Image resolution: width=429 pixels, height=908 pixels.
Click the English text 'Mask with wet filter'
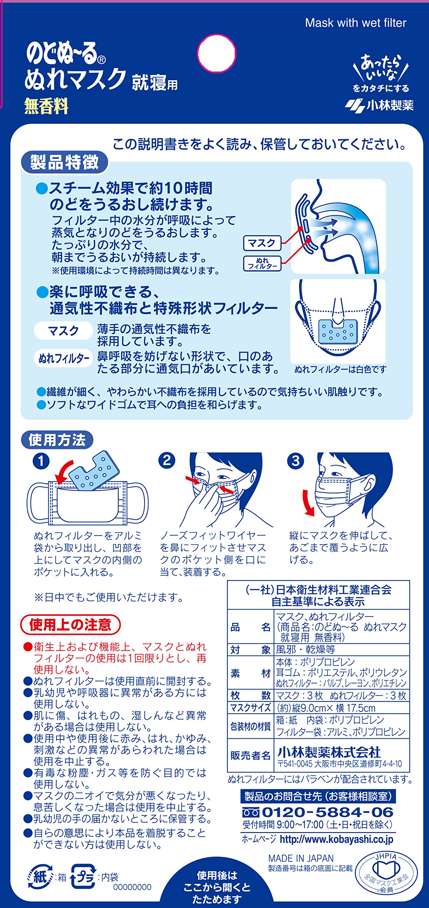point(355,23)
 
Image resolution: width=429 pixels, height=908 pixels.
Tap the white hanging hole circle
point(217,54)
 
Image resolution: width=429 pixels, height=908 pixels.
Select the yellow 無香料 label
point(46,106)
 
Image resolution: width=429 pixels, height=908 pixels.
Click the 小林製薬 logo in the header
point(379,105)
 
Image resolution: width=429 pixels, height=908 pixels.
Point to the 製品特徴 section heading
point(64,162)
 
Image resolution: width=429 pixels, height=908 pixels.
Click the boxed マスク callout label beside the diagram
point(262,243)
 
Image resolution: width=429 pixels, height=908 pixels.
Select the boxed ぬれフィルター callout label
point(262,264)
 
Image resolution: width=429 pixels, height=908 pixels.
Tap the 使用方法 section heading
point(57,440)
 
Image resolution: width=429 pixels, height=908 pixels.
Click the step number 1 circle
point(41,461)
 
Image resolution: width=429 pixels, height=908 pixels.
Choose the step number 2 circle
point(167,460)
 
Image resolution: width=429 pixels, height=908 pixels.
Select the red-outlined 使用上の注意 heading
point(70,625)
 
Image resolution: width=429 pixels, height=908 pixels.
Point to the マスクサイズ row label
point(250,708)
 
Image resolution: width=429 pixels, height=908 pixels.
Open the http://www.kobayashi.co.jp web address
point(337,839)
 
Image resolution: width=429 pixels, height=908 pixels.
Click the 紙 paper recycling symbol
point(40,877)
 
